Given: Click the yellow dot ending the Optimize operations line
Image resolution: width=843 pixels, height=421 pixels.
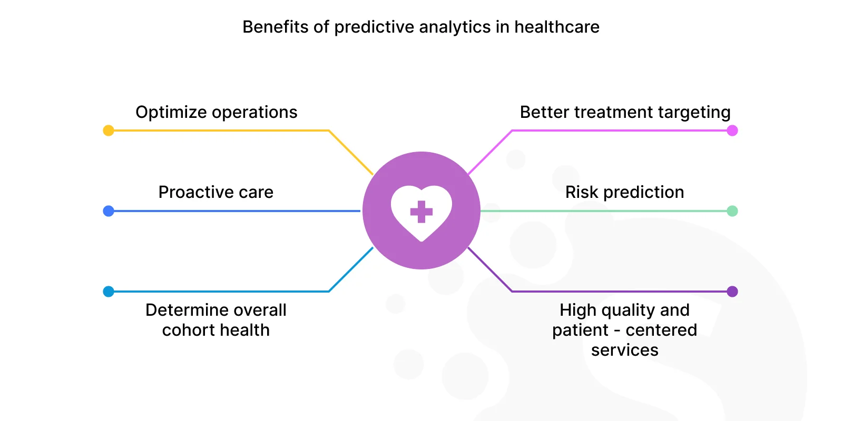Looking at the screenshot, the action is [109, 131].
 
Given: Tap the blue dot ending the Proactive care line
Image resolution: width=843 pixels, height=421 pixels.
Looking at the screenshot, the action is [109, 211].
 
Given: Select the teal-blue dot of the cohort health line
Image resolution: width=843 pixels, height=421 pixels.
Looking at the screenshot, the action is [109, 292].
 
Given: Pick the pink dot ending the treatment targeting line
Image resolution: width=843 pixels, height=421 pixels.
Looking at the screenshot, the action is [732, 131].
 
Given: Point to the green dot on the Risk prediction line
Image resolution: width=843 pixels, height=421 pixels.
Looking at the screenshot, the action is [732, 211].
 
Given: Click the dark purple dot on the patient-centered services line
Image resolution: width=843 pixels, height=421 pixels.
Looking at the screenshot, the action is [732, 292].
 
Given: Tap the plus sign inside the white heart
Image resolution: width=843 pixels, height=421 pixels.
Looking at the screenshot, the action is [421, 212].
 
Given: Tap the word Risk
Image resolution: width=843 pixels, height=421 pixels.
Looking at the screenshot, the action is [582, 192].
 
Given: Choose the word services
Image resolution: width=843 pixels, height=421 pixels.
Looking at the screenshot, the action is [625, 350].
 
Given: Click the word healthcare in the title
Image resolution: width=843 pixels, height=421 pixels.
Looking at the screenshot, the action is [557, 27].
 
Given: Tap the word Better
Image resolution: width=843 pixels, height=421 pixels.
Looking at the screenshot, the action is [544, 112].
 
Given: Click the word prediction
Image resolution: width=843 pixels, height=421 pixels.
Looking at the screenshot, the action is [643, 193].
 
